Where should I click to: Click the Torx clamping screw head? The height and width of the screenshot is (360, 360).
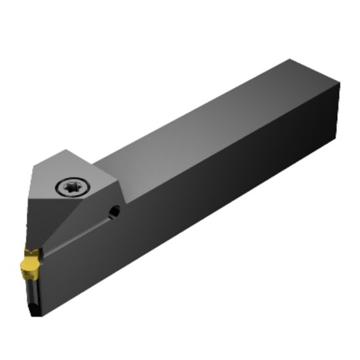(x=69, y=188)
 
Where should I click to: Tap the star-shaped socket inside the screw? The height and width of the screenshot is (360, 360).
(x=69, y=188)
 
